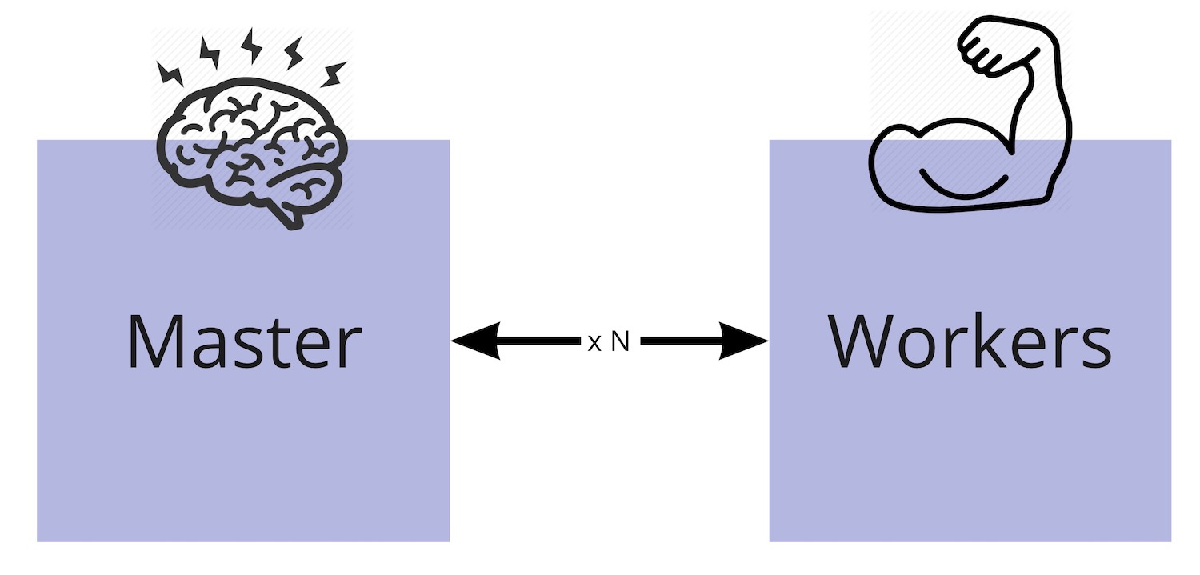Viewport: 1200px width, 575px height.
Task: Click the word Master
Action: (244, 342)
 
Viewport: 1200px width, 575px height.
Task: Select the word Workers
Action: (970, 342)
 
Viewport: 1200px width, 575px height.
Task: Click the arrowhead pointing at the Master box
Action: (476, 341)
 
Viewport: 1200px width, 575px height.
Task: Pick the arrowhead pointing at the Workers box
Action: (743, 341)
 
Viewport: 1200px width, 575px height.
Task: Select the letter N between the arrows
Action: (621, 342)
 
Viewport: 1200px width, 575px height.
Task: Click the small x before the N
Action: (594, 345)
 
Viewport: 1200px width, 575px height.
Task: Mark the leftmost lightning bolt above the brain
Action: (170, 74)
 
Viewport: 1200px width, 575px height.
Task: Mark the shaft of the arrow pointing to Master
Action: (540, 341)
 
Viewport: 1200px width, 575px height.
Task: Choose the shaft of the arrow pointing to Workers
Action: (680, 341)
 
